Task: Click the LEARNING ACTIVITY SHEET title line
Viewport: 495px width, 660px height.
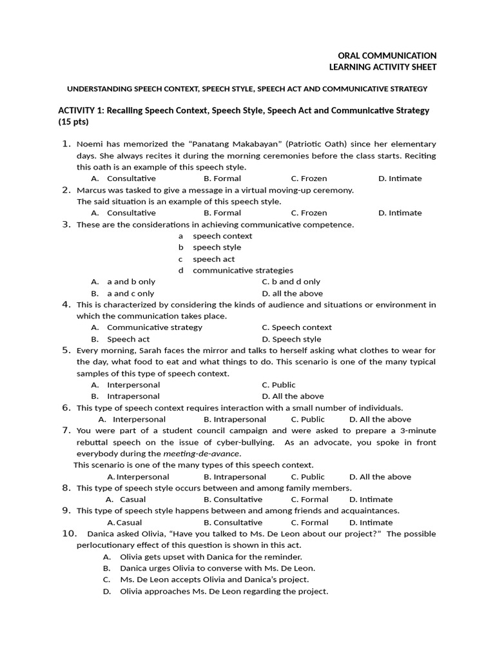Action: click(x=383, y=67)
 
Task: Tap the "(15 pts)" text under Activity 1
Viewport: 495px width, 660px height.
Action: click(x=73, y=122)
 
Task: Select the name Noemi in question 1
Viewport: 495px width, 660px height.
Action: click(x=89, y=144)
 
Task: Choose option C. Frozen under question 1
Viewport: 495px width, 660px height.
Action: click(x=309, y=179)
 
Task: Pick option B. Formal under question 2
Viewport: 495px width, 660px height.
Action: click(x=222, y=213)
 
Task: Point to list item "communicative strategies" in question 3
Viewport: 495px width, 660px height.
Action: click(x=242, y=271)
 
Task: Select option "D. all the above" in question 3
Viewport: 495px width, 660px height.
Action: click(x=292, y=293)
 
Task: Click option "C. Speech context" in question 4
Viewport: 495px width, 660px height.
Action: click(x=296, y=327)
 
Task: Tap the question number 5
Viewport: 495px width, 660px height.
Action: click(x=66, y=351)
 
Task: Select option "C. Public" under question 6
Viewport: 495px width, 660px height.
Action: click(x=307, y=419)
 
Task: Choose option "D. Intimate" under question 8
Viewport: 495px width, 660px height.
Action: click(x=371, y=500)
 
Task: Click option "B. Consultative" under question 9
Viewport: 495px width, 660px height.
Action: click(x=233, y=523)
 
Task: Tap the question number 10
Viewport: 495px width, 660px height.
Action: click(x=69, y=534)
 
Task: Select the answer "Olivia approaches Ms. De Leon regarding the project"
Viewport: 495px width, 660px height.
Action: click(x=223, y=592)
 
